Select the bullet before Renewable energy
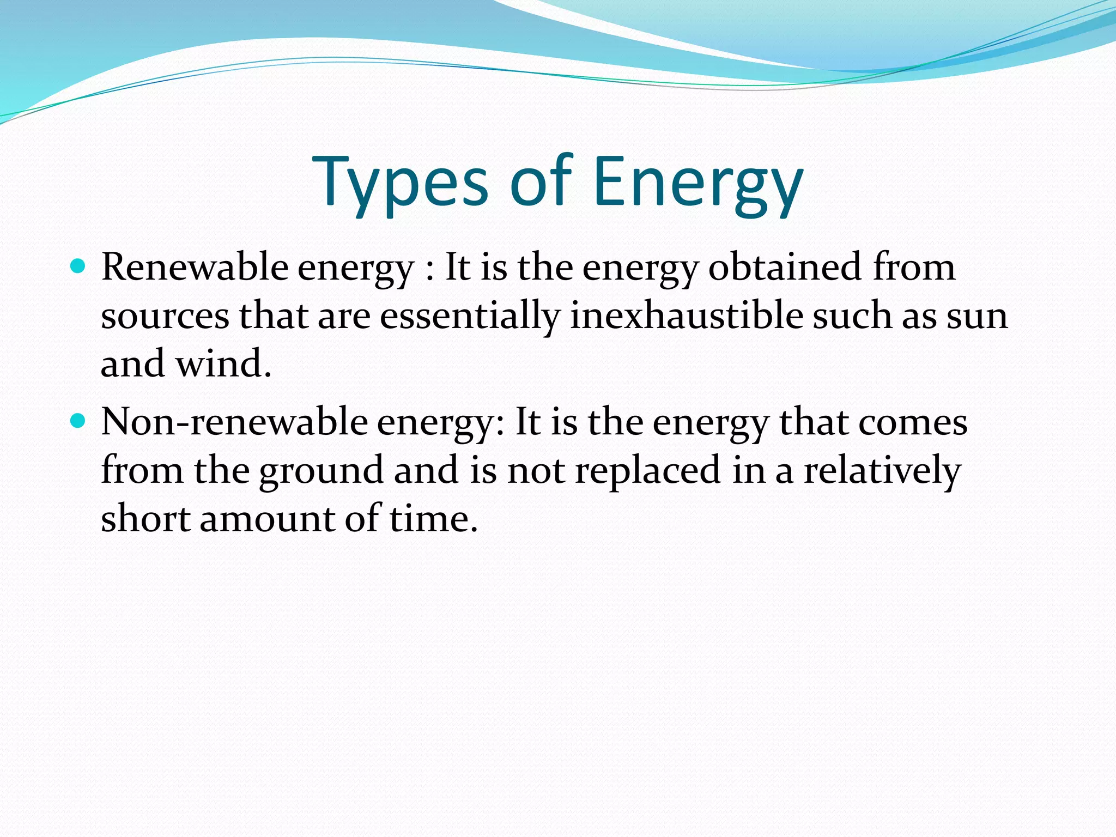(78, 266)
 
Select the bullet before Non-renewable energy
(78, 421)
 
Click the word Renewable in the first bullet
(195, 268)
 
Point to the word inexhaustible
(686, 316)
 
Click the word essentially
(470, 317)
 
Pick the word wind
(223, 363)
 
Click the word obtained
(784, 268)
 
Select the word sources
(165, 317)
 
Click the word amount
(267, 518)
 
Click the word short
(145, 518)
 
